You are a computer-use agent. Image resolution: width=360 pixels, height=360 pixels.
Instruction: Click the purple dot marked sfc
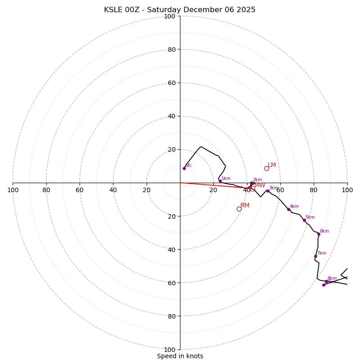click(x=184, y=168)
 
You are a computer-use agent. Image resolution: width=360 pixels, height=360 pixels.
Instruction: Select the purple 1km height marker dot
click(x=220, y=181)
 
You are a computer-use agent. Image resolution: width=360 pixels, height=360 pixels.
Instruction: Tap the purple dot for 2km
click(x=252, y=183)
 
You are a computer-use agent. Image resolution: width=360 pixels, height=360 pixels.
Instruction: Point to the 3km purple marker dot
click(x=268, y=191)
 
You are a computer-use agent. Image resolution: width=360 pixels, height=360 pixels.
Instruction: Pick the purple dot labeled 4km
click(x=288, y=209)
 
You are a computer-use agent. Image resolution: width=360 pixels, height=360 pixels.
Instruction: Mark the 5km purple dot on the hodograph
click(x=304, y=220)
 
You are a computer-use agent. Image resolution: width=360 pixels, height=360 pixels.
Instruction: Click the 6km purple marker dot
click(x=319, y=234)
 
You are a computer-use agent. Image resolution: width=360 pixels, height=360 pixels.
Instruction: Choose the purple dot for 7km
click(x=315, y=256)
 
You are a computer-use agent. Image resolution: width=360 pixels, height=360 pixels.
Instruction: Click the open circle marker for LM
click(x=266, y=168)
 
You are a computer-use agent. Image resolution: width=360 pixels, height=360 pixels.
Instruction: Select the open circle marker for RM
click(x=239, y=209)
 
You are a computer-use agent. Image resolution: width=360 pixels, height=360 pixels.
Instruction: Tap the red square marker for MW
click(x=252, y=189)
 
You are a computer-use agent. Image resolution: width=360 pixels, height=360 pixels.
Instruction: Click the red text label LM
click(x=272, y=165)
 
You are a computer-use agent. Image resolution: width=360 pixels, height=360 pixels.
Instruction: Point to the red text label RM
click(x=245, y=206)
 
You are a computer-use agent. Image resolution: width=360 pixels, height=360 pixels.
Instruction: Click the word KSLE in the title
click(x=114, y=10)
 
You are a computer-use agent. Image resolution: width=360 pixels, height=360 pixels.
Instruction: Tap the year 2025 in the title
click(x=246, y=10)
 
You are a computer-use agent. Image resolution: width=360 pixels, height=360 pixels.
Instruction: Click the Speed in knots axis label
click(x=180, y=356)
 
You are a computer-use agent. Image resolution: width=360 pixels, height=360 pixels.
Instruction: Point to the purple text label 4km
click(x=294, y=207)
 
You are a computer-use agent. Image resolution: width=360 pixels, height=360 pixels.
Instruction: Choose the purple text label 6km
click(x=324, y=231)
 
